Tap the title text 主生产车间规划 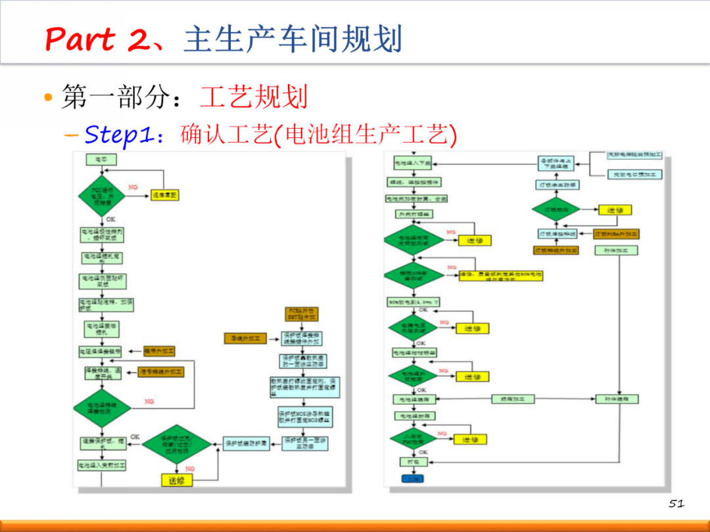(293, 40)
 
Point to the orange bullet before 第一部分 (47, 97)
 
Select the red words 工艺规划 (254, 97)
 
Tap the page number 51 (676, 504)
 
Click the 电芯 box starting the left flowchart (101, 159)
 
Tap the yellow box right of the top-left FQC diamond (164, 195)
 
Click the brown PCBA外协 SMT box (301, 313)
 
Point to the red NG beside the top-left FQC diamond (133, 187)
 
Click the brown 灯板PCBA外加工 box (616, 234)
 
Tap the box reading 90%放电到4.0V (414, 301)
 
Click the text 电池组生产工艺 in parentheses (363, 135)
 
